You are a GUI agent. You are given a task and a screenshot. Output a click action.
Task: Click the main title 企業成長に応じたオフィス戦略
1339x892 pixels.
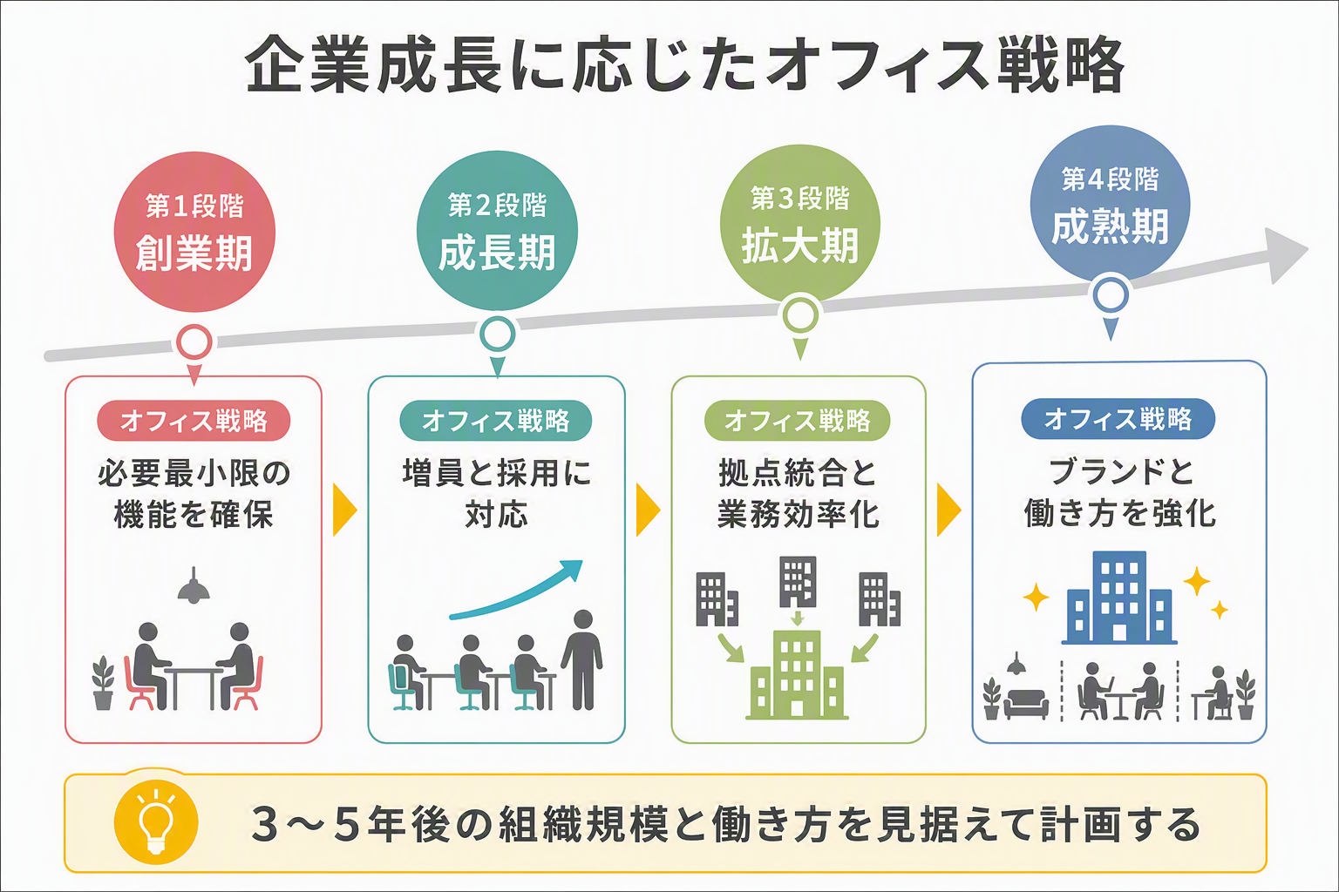point(686,64)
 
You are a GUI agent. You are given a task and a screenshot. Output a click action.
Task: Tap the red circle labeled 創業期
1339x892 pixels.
point(194,232)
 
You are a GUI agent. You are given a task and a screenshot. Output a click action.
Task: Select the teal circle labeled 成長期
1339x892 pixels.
point(497,231)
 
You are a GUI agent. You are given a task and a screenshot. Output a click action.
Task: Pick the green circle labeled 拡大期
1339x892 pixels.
point(799,224)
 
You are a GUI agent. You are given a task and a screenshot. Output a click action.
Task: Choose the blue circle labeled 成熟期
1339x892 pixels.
point(1110,205)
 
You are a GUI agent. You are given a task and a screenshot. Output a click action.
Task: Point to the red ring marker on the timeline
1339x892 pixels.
point(194,342)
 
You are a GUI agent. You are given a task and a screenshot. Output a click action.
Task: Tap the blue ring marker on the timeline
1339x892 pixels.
point(1111,295)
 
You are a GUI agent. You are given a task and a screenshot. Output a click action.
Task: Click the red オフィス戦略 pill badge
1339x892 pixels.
point(194,421)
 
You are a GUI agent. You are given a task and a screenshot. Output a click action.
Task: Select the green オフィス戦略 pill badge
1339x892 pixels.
point(798,421)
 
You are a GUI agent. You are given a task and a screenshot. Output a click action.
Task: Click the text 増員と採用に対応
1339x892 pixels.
point(497,494)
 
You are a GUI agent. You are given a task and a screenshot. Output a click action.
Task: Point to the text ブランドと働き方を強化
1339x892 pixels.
point(1119,493)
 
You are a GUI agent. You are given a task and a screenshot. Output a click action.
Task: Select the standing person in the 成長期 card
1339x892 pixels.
point(582,659)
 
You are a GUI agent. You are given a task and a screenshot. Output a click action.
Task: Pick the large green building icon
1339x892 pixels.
point(797,674)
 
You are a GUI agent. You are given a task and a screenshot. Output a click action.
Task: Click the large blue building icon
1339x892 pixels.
point(1119,598)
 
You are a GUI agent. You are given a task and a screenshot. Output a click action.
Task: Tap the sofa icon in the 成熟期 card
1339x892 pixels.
point(1026,704)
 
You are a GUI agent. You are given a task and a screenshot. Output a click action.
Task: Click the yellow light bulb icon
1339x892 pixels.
point(156,822)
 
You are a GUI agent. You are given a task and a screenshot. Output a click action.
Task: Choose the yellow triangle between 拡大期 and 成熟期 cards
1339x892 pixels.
point(948,510)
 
